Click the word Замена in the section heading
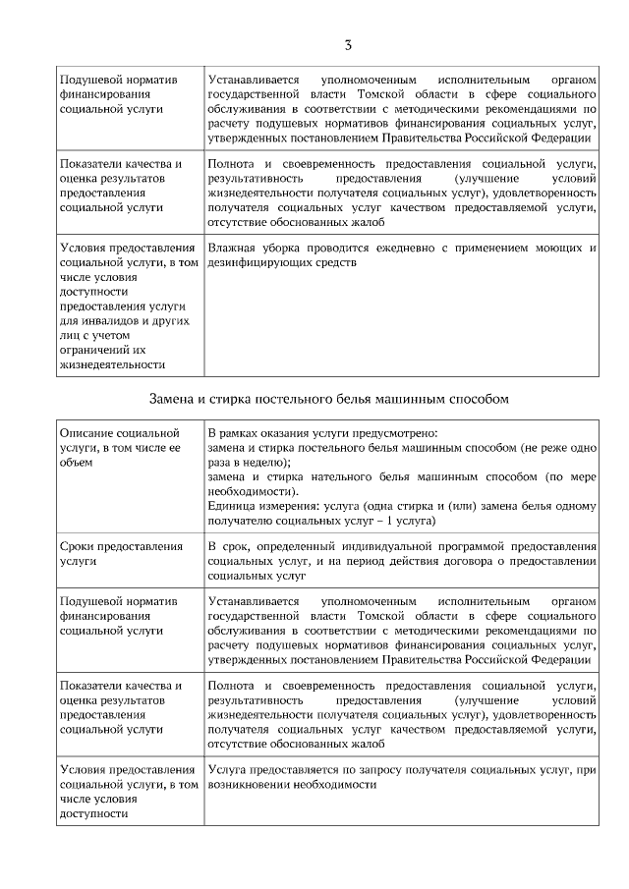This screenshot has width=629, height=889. (176, 400)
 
